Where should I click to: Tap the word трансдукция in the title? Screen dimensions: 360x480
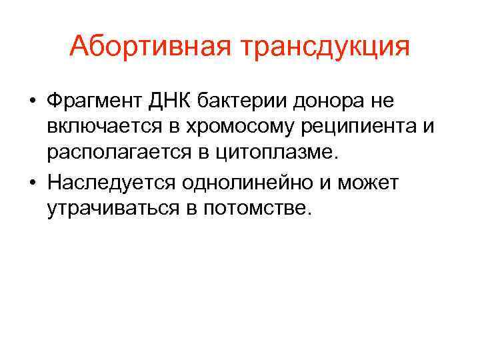pyautogui.click(x=328, y=48)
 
